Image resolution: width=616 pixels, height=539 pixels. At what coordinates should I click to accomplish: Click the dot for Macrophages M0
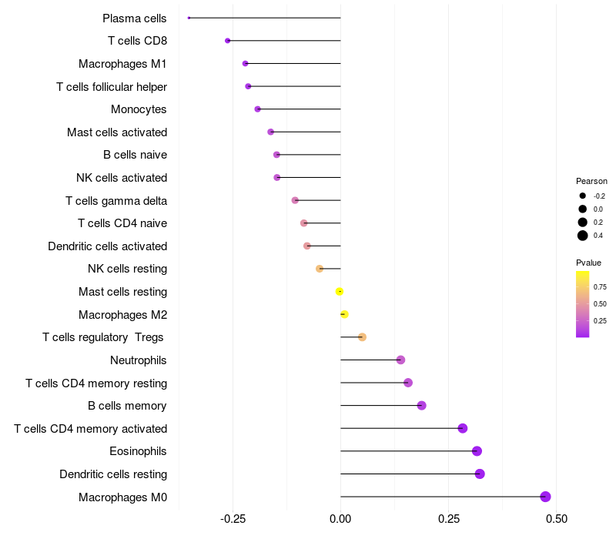coord(546,497)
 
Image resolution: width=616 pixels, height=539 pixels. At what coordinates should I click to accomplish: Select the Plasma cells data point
coord(189,18)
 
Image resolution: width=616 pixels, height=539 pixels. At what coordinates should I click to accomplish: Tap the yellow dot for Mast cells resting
coord(340,291)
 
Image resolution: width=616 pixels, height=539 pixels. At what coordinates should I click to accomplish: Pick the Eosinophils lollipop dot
coord(477,451)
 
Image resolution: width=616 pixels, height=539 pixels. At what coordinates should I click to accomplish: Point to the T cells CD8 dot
coord(227,41)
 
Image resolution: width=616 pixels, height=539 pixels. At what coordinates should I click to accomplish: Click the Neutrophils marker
coord(400,360)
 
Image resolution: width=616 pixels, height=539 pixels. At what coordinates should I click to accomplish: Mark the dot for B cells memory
coord(421,406)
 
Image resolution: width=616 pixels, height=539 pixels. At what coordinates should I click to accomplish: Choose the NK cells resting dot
coord(320,269)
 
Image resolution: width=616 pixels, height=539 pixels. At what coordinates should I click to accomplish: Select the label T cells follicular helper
coord(112,86)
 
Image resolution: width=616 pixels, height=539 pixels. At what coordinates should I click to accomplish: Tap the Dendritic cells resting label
coord(113,474)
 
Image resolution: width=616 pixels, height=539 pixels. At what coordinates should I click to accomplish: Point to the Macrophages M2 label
coord(122,314)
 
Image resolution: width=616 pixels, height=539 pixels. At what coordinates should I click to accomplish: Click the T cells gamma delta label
coord(116,200)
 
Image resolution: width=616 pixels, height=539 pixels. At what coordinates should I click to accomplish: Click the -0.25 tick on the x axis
coord(233,520)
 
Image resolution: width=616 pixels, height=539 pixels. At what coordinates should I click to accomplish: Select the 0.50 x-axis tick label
coord(556,520)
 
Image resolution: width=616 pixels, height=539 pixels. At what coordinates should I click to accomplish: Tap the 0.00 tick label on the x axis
coord(340,520)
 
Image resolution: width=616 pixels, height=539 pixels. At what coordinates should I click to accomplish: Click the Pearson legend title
coord(591,181)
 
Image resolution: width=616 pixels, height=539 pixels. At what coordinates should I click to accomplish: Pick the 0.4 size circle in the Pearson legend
coord(583,236)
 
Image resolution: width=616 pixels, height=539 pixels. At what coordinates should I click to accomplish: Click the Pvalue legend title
coord(589,263)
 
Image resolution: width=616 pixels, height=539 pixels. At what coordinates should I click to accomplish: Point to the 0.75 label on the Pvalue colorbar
coord(600,286)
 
